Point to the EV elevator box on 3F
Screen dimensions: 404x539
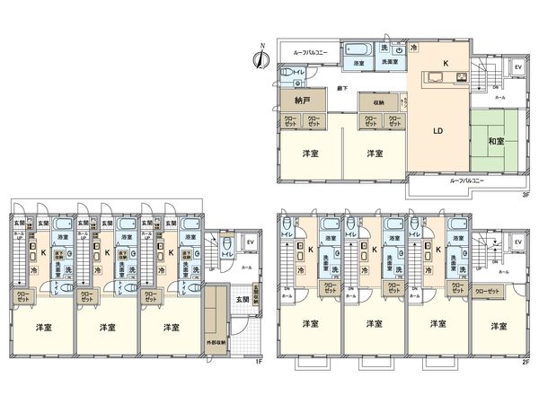[517, 67]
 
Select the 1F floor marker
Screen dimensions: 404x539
[257, 361]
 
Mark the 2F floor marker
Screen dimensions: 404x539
[525, 361]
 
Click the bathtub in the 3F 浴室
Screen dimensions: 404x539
[358, 48]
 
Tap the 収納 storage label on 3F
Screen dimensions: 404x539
[377, 103]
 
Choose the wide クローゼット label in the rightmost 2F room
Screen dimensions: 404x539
[487, 292]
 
